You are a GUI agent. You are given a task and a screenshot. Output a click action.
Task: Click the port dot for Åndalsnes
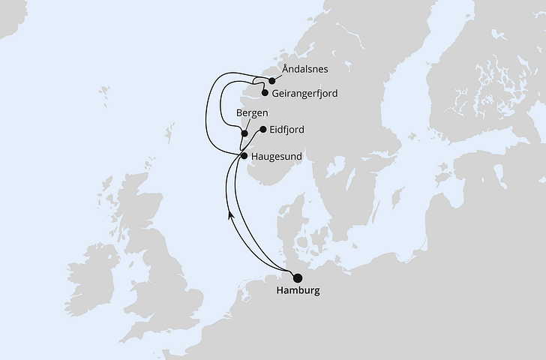[271, 80]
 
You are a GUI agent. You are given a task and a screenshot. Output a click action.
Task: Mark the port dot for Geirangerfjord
[264, 94]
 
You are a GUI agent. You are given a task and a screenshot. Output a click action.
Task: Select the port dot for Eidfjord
[262, 129]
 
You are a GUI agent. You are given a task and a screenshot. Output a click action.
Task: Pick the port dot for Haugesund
[244, 155]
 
